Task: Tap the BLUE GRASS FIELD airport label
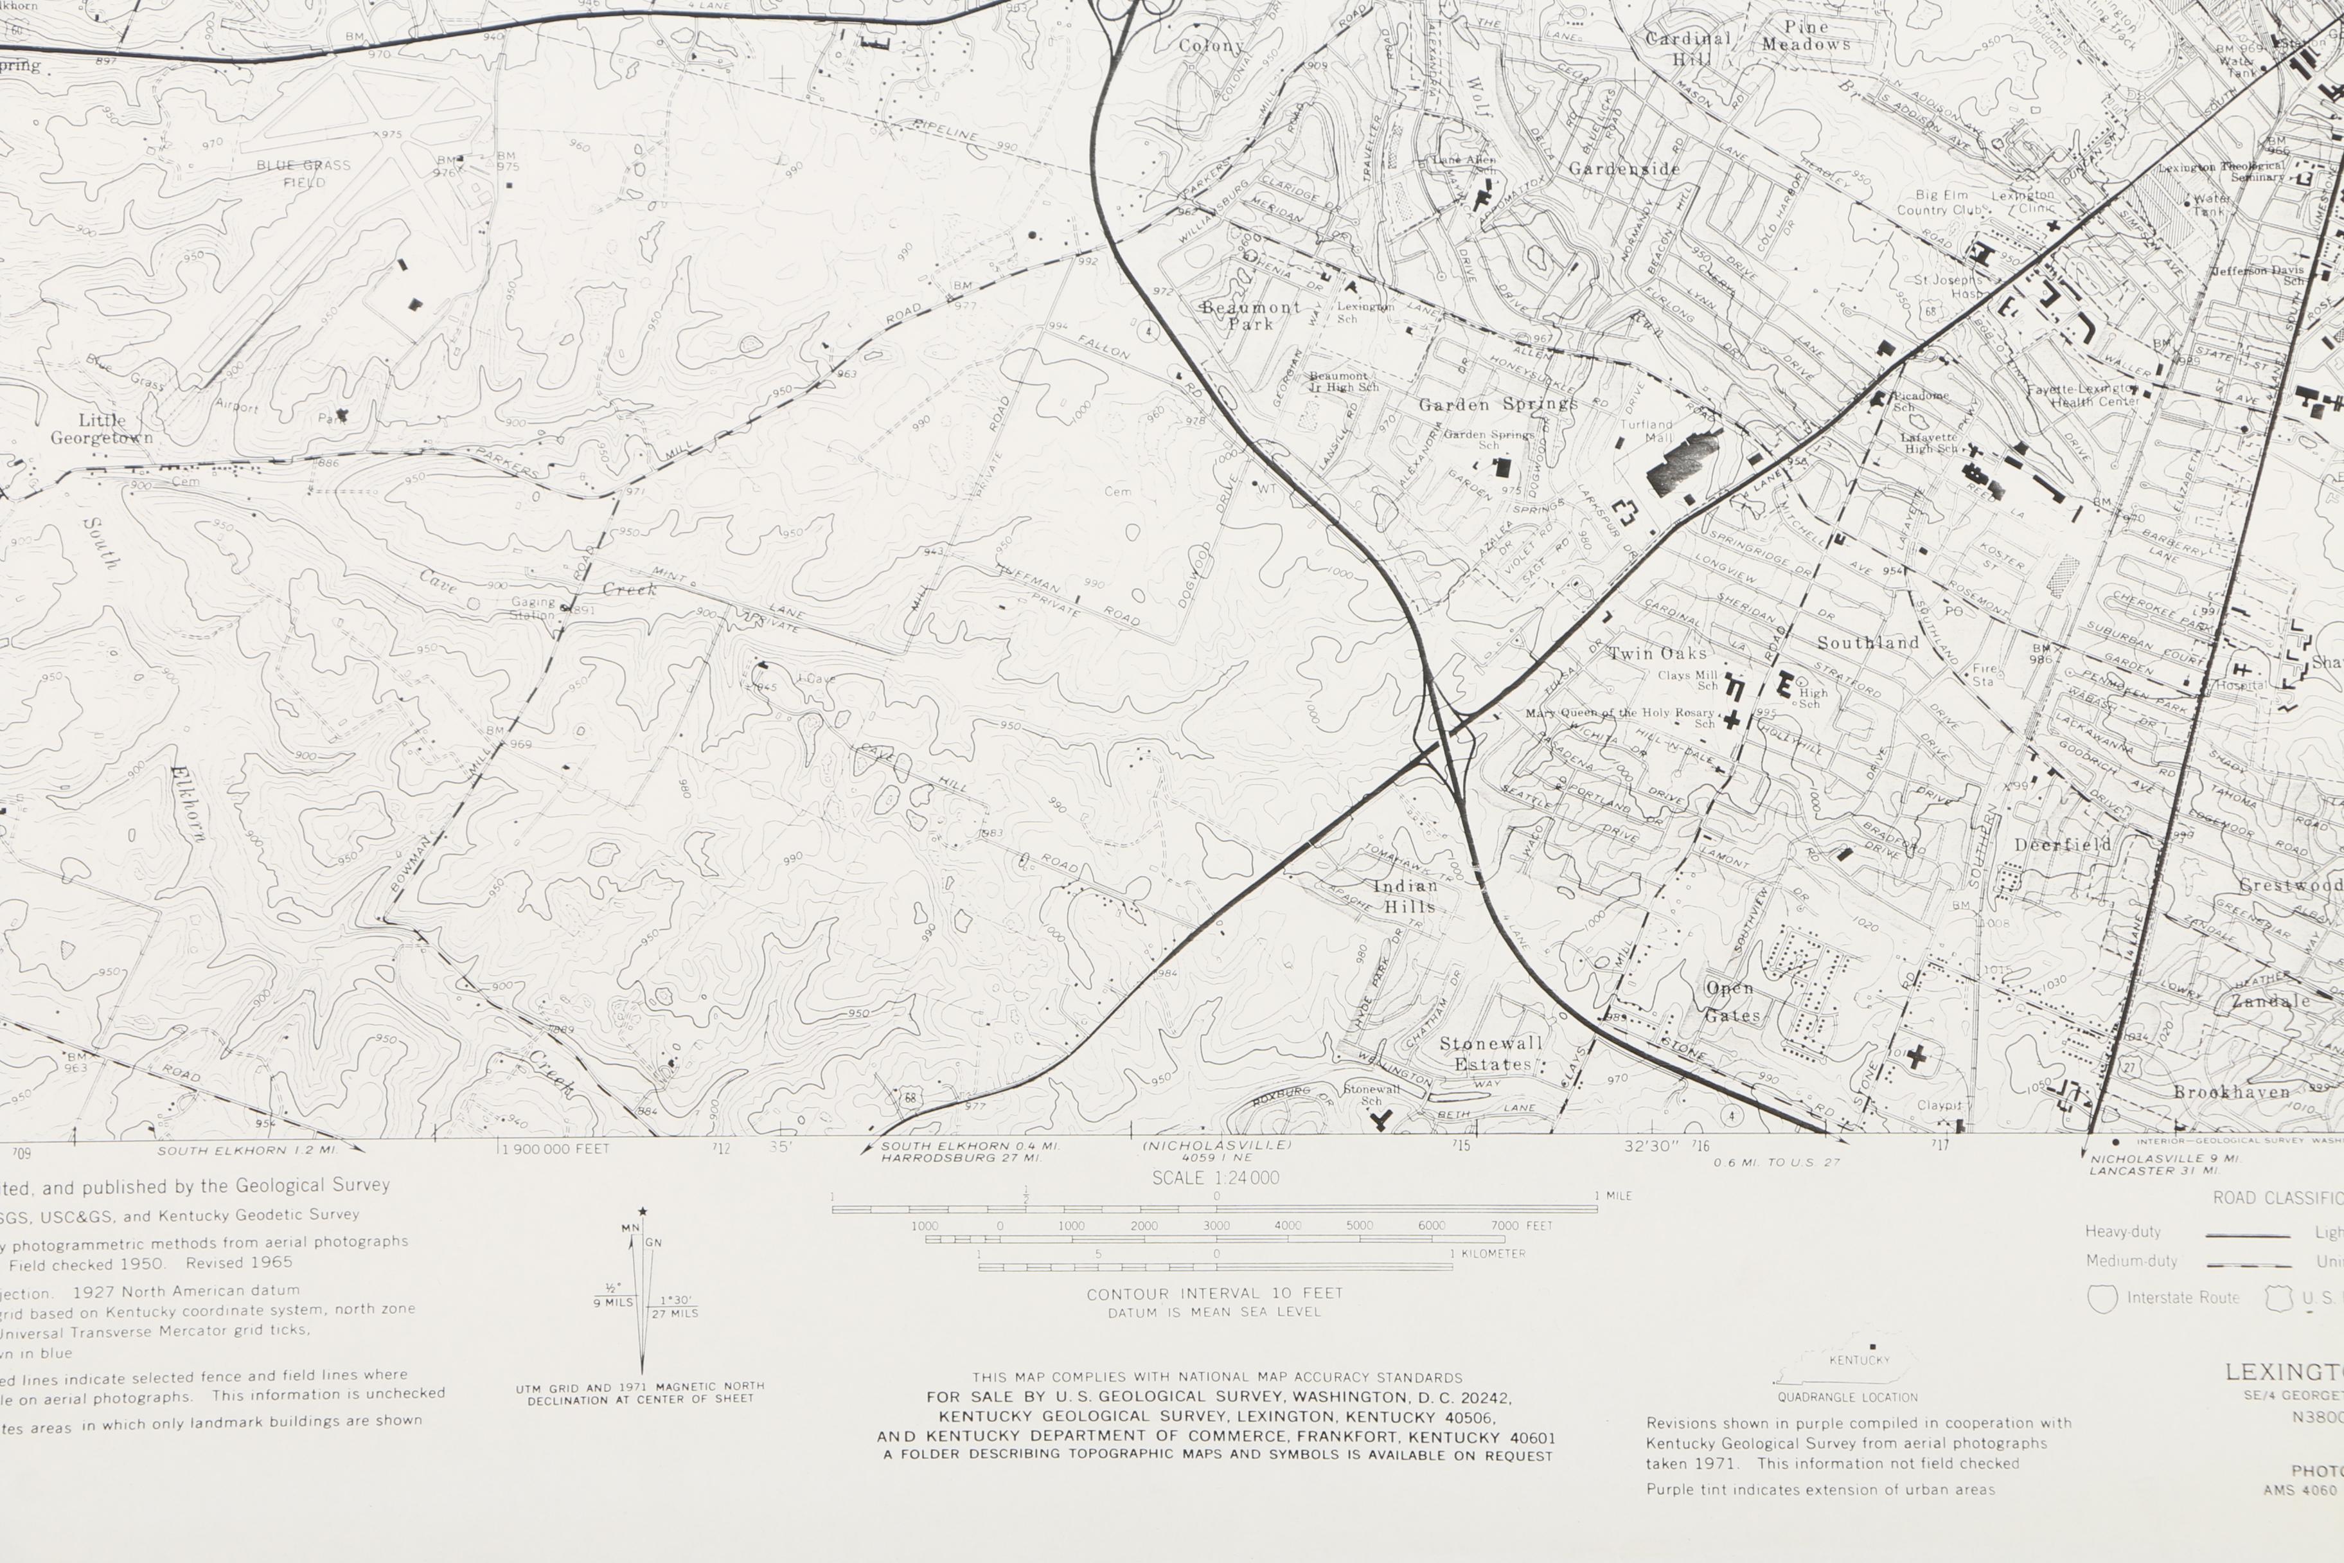point(303,174)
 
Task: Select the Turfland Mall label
point(1646,431)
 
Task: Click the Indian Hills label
point(1406,896)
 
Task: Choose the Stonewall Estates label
point(1491,1053)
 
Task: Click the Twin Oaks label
point(1656,654)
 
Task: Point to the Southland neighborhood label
point(1868,643)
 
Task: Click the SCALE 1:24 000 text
point(1215,1177)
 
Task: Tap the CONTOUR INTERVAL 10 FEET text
point(1215,1294)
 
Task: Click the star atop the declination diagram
point(642,1212)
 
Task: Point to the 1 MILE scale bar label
point(1613,1195)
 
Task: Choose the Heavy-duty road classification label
point(2123,1232)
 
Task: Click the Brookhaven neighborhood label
point(2232,1093)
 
